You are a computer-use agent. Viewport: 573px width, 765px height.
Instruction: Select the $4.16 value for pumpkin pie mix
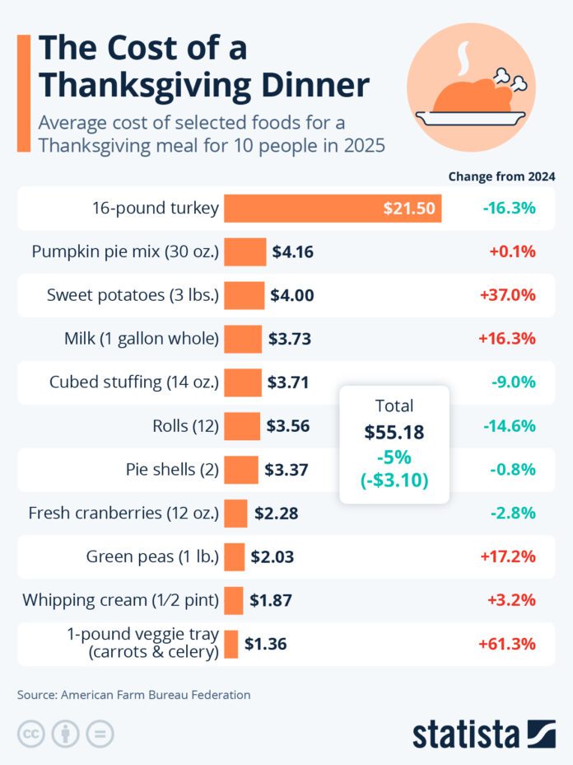coord(293,251)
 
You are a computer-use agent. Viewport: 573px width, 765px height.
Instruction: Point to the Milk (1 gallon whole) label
coord(142,338)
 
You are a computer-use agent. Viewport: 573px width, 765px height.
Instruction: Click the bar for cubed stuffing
coord(242,382)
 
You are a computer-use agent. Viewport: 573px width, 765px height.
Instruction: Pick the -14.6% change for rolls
coord(508,426)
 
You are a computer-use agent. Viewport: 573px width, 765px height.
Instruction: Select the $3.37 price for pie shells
coord(286,470)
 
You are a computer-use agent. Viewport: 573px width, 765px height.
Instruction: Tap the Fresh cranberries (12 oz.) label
coord(123,513)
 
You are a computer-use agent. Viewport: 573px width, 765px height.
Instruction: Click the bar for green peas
coord(235,557)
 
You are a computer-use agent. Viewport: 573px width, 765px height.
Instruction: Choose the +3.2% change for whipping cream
coord(512,600)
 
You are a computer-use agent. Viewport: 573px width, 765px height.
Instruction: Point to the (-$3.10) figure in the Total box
coord(394,480)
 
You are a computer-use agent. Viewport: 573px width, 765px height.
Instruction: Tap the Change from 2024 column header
coord(501,176)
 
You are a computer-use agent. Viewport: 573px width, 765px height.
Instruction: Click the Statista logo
coord(483,733)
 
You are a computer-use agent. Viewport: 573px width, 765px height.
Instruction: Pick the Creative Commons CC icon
coord(30,733)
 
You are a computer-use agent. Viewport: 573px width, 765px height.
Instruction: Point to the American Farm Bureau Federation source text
coord(156,695)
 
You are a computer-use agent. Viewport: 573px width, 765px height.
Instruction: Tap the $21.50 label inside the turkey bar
coord(409,209)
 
